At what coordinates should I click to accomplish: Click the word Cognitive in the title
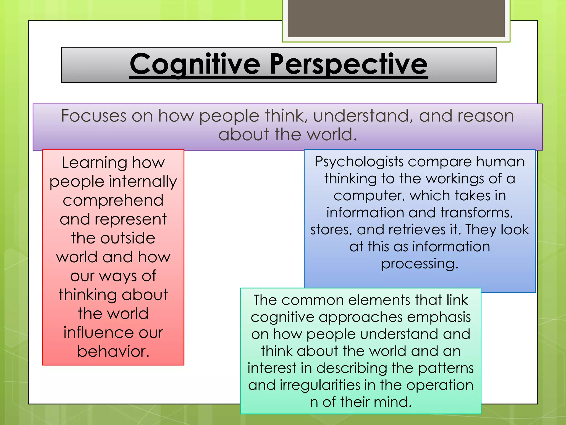pyautogui.click(x=195, y=64)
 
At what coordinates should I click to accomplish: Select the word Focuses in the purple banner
pyautogui.click(x=93, y=116)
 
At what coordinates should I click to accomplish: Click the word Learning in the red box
pyautogui.click(x=94, y=163)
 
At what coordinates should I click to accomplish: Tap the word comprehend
pyautogui.click(x=113, y=200)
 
